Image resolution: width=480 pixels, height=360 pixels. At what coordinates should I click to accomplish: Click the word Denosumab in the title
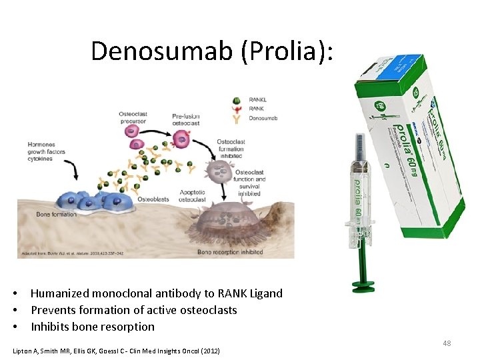click(x=160, y=51)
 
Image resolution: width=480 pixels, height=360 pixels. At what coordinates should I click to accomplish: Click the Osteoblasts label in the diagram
click(x=153, y=199)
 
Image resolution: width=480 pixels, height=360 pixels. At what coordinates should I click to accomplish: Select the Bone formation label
click(x=56, y=214)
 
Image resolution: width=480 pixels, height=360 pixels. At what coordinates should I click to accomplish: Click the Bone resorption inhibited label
click(x=230, y=252)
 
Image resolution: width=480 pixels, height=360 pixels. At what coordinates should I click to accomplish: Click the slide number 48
click(x=447, y=343)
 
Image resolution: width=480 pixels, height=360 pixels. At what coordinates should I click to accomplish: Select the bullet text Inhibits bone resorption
click(x=93, y=327)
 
